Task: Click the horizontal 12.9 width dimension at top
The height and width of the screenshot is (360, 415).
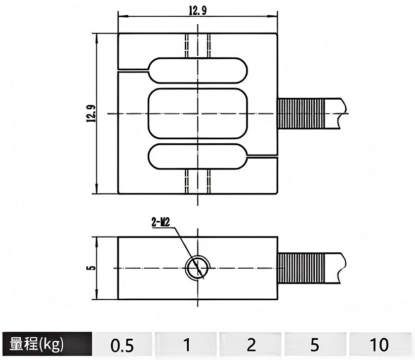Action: click(198, 10)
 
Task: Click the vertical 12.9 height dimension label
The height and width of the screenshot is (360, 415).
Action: click(91, 114)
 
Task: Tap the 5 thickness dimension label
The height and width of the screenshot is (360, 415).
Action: click(91, 268)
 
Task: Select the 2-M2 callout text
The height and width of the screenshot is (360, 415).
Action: click(161, 222)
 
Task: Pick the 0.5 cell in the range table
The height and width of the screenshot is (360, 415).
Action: click(122, 345)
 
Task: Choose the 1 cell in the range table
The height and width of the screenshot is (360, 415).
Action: click(186, 345)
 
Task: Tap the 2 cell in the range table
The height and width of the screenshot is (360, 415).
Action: click(251, 345)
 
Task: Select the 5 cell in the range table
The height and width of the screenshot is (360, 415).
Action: click(315, 345)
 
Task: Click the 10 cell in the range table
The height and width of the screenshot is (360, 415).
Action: click(379, 345)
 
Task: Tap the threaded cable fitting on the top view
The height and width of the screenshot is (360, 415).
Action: click(301, 114)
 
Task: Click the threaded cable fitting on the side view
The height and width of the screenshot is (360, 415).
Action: click(301, 268)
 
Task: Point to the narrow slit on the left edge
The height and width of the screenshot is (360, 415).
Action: click(132, 70)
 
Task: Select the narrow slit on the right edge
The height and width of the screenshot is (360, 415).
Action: click(262, 157)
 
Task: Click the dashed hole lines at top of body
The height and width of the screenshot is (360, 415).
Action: click(198, 45)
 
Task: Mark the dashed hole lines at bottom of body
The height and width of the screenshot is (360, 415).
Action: click(198, 181)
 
